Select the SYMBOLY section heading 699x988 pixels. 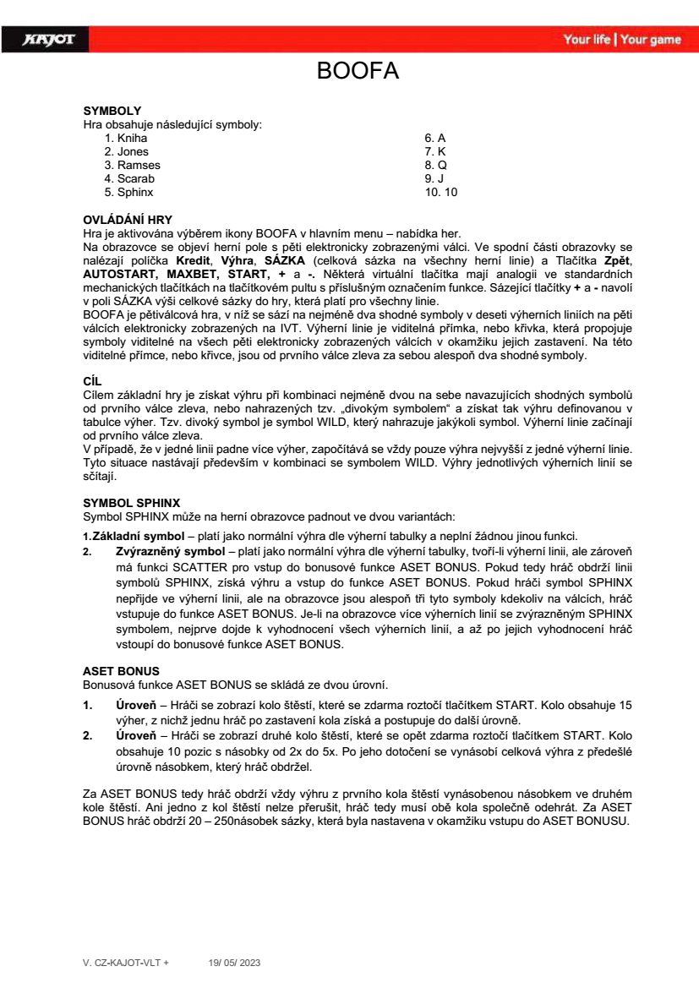[x=112, y=111]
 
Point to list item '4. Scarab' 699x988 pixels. [x=129, y=178]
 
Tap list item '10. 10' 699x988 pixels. [x=440, y=192]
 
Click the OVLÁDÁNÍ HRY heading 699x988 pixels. [x=127, y=220]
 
